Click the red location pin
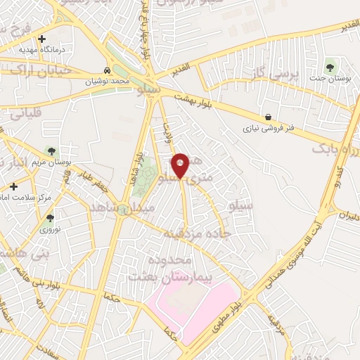coord(181,165)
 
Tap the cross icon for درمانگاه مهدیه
coord(42,39)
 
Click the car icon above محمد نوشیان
coord(106,71)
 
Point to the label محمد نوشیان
coord(110,82)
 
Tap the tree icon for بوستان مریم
coord(50,150)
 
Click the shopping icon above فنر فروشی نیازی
coord(268,117)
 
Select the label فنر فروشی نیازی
coord(268,129)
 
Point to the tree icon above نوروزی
coord(50,218)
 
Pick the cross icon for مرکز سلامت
coord(13,186)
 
